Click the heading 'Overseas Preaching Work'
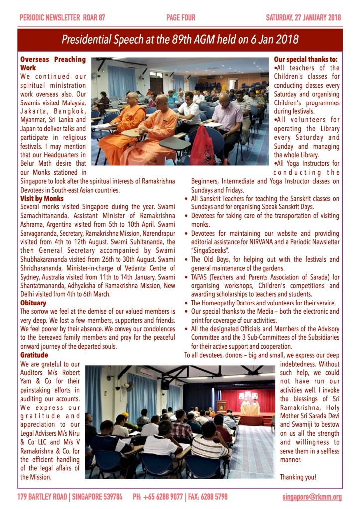click(53, 63)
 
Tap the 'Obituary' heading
click(33, 303)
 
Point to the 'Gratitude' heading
click(34, 355)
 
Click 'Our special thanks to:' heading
click(306, 59)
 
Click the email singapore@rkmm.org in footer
click(312, 497)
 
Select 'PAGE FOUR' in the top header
click(181, 18)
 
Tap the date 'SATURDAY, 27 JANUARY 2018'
click(303, 18)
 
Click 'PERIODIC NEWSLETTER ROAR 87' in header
click(62, 18)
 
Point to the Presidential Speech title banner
click(180, 40)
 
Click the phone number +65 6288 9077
click(159, 497)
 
